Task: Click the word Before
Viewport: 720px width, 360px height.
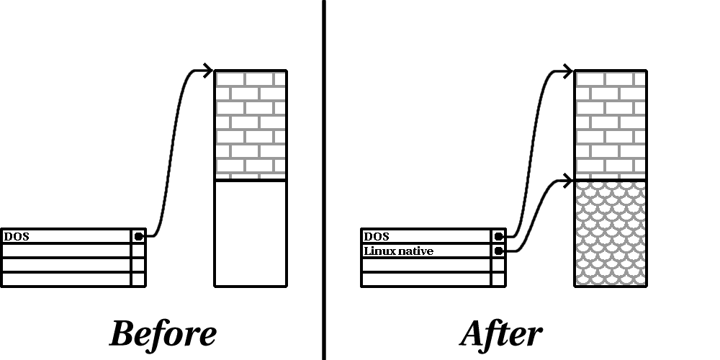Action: point(163,334)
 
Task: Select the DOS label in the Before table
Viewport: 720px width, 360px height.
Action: point(17,236)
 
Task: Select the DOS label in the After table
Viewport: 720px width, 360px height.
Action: point(377,236)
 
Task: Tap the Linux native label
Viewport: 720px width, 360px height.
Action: point(398,251)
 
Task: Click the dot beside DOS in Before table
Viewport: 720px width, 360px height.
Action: point(138,236)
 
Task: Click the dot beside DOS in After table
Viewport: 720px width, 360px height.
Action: point(498,236)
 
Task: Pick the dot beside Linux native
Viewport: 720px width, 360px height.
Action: point(498,251)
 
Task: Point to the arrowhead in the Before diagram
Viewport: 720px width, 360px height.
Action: point(209,71)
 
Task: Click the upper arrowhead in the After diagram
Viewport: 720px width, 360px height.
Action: point(569,71)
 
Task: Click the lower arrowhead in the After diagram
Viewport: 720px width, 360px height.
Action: point(569,179)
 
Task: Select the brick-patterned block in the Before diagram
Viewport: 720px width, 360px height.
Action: point(251,125)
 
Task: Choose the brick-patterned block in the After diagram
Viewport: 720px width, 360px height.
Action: point(611,125)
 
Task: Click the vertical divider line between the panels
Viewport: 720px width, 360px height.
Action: point(323,180)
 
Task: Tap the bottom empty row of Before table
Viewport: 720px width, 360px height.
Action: point(66,279)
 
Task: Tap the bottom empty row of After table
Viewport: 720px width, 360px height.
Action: point(426,279)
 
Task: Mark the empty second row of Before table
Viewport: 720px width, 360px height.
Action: point(66,251)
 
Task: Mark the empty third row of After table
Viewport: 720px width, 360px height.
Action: point(426,265)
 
